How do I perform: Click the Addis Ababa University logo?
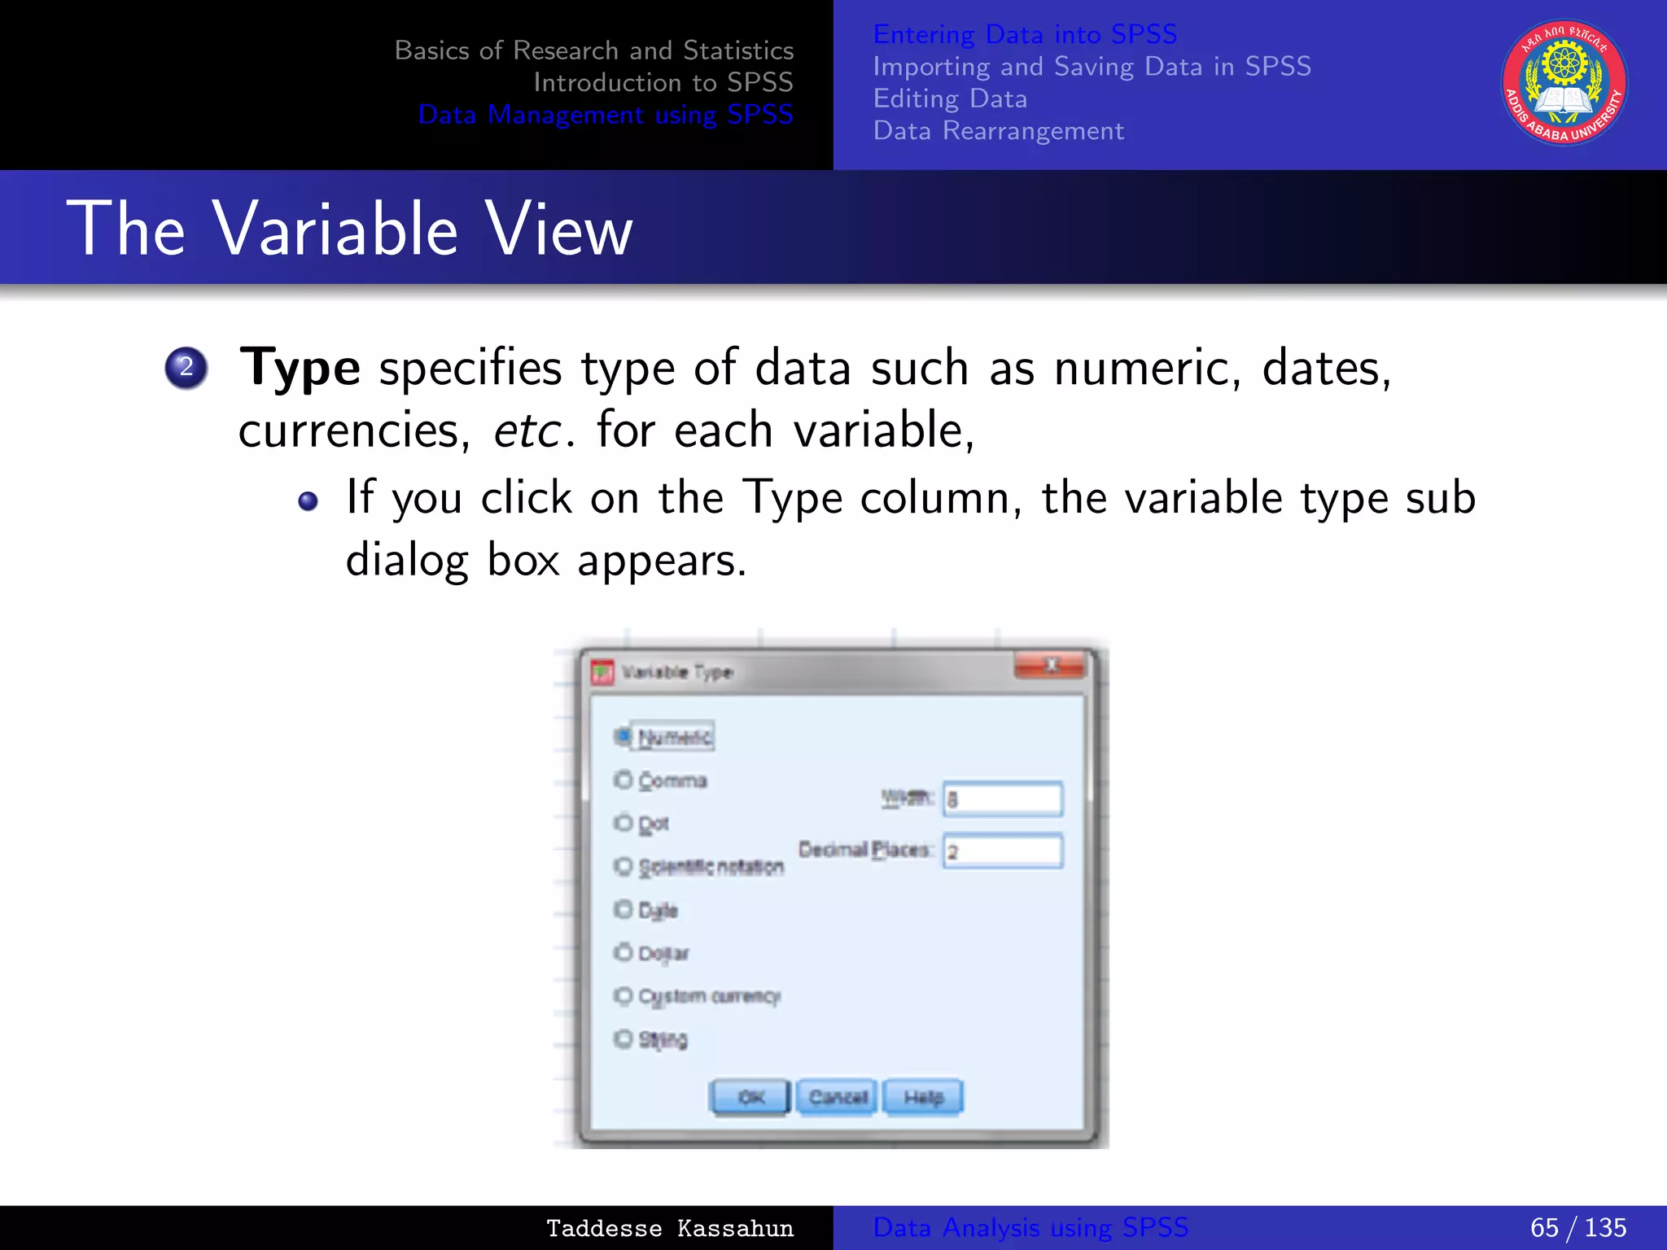1564,83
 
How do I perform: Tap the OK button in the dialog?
750,1097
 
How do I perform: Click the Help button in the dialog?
923,1097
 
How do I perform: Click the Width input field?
1003,799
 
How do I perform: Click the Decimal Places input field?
1003,851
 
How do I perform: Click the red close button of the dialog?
1050,667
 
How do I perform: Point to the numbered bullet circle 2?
186,368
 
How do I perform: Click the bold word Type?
300,368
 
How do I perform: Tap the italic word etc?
527,431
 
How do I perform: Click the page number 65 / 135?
1577,1227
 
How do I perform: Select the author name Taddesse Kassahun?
669,1228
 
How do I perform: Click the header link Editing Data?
950,98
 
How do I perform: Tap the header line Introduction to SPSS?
663,82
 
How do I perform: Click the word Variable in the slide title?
335,229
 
